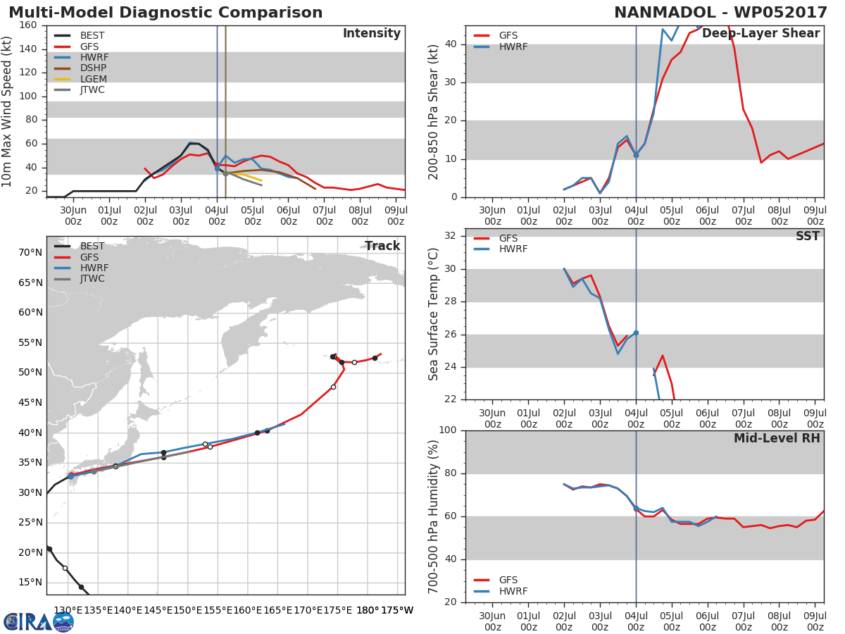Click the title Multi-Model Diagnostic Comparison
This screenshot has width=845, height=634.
pos(165,13)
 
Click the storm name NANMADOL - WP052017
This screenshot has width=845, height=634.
pos(720,13)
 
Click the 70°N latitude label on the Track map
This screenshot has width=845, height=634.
pos(30,252)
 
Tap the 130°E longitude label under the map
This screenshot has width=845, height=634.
pos(68,611)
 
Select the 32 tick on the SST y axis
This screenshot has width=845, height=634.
pos(451,235)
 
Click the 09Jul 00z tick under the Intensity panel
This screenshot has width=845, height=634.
pos(396,216)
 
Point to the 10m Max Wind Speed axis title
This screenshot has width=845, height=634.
pos(6,111)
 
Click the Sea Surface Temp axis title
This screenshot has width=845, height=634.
pos(433,314)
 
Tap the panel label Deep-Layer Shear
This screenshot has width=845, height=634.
pos(761,34)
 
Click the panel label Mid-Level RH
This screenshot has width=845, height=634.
pos(777,438)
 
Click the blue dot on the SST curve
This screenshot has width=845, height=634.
pos(636,333)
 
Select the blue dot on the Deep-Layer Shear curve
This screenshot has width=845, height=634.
pos(636,155)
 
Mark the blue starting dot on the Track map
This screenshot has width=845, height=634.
pos(71,477)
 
